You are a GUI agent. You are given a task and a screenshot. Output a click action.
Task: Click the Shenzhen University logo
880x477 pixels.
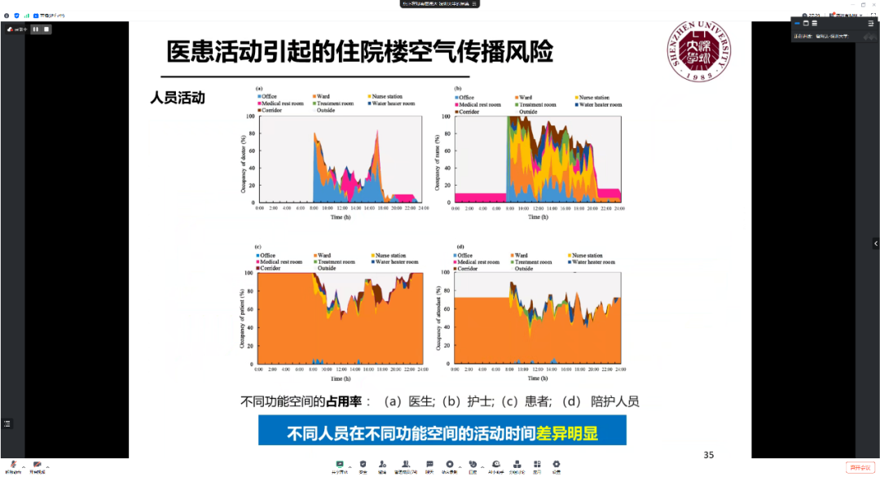[698, 51]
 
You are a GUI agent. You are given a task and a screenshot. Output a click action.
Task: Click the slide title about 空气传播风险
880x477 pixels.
[359, 51]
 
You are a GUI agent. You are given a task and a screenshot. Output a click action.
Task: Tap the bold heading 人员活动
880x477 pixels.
[178, 98]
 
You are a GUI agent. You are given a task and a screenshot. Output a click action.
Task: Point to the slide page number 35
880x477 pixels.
[708, 454]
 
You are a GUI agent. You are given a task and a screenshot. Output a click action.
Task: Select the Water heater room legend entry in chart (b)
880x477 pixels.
[599, 105]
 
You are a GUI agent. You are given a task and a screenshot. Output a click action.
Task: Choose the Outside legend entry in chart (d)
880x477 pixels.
[524, 268]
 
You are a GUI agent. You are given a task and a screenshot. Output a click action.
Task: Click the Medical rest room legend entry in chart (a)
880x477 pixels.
[280, 105]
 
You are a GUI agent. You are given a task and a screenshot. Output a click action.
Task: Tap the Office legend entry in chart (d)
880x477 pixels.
[464, 256]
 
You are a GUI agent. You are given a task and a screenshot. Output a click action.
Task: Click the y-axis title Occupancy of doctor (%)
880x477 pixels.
[243, 160]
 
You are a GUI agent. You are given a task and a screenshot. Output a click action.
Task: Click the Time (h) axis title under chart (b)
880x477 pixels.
[538, 217]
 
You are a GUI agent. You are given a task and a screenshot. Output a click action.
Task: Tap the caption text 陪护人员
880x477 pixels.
[615, 401]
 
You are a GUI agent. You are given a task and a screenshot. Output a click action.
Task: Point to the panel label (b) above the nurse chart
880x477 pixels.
[458, 88]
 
